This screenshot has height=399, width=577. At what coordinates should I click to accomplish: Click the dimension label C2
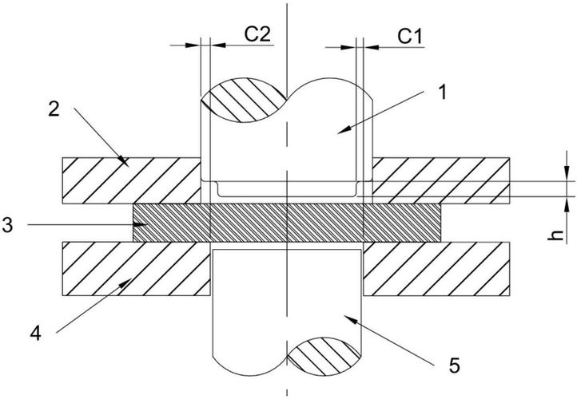[x=257, y=34]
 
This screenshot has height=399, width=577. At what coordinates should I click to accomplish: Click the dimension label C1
[x=410, y=36]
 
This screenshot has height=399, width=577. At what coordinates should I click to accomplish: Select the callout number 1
[x=443, y=92]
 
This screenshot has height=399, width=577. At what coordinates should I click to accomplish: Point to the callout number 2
[x=54, y=109]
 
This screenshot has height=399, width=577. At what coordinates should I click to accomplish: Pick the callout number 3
[x=7, y=225]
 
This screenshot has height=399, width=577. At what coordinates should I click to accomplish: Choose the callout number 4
[x=36, y=334]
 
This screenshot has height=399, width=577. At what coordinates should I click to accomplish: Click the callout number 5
[x=455, y=365]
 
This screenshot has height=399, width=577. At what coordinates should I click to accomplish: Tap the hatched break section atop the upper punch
[x=243, y=100]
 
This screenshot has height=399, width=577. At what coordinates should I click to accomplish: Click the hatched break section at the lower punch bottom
[x=324, y=357]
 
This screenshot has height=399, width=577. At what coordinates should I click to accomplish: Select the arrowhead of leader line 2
[x=124, y=160]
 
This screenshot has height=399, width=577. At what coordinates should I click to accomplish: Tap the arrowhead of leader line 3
[x=141, y=224]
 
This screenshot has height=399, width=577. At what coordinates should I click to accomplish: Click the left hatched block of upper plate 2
[x=131, y=180]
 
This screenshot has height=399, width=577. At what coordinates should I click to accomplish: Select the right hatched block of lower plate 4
[x=436, y=269]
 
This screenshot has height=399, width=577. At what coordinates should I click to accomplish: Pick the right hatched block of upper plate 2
[x=441, y=180]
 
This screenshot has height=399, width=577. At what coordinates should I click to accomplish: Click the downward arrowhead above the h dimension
[x=566, y=173]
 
